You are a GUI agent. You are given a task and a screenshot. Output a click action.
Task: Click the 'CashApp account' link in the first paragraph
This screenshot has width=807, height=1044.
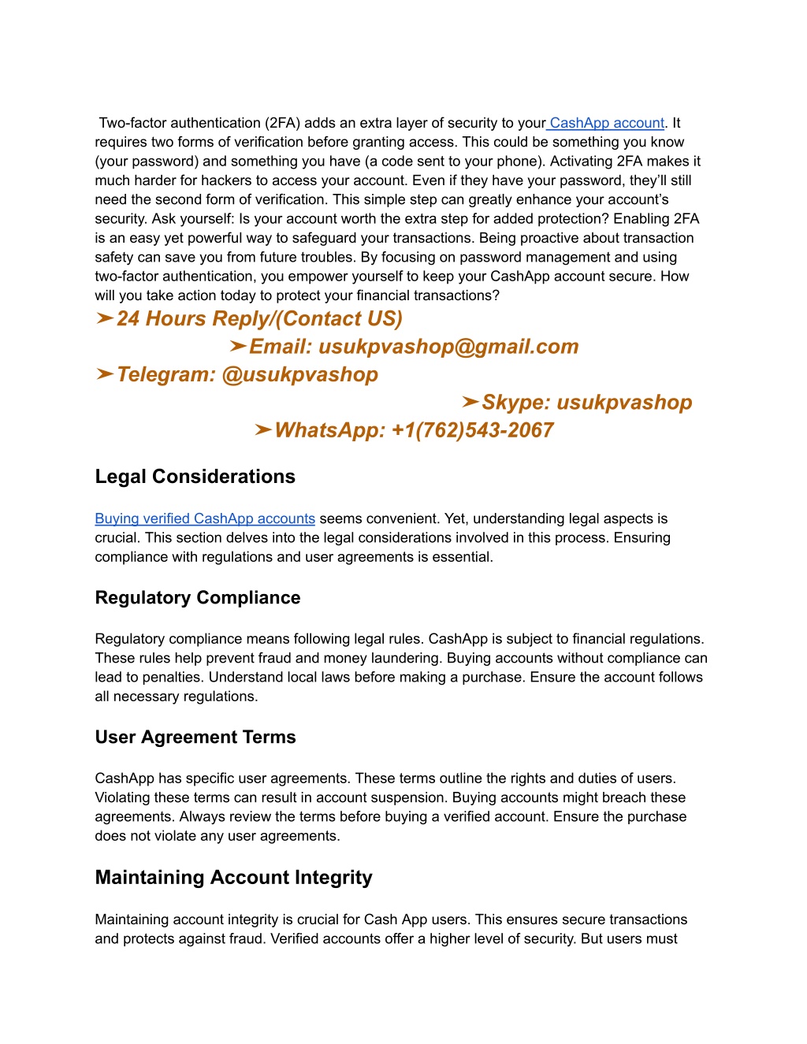click(607, 123)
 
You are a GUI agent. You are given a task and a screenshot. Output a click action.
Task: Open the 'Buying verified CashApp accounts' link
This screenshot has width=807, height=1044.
click(205, 518)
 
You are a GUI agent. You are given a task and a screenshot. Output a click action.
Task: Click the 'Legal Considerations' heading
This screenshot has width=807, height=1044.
click(195, 477)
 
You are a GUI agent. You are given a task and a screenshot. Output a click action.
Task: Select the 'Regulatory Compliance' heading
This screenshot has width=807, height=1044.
click(198, 597)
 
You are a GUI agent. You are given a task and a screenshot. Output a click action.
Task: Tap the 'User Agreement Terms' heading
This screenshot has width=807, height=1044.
click(195, 737)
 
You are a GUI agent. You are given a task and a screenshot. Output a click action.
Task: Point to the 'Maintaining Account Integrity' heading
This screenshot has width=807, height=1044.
click(233, 878)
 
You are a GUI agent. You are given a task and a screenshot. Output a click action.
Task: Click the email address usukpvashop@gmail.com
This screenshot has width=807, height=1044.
click(448, 347)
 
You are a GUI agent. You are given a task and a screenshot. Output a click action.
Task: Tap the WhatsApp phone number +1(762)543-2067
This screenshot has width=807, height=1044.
click(472, 430)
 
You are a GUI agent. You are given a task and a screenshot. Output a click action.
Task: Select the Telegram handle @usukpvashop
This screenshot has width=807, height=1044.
click(299, 374)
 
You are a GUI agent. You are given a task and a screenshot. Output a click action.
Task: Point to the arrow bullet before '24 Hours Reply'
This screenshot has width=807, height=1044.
click(104, 318)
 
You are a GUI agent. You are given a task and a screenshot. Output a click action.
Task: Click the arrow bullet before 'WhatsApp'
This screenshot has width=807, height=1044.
click(262, 429)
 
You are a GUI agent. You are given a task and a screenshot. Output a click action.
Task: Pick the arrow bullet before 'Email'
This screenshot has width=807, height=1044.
click(237, 346)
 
